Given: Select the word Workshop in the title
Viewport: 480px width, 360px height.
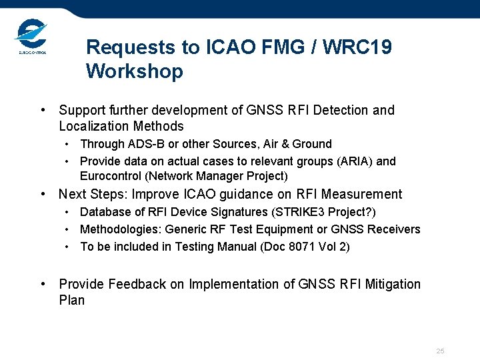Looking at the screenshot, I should (134, 71).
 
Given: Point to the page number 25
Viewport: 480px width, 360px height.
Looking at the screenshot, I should (440, 351).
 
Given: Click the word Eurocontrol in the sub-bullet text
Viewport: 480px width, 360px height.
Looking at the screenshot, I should (111, 177).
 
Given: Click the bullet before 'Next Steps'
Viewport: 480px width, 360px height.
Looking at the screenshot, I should (43, 195).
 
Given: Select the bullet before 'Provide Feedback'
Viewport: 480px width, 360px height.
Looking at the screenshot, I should (43, 284).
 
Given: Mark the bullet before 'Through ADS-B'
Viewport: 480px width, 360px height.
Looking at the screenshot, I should (69, 144).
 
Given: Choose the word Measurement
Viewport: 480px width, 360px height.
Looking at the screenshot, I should (362, 195).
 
